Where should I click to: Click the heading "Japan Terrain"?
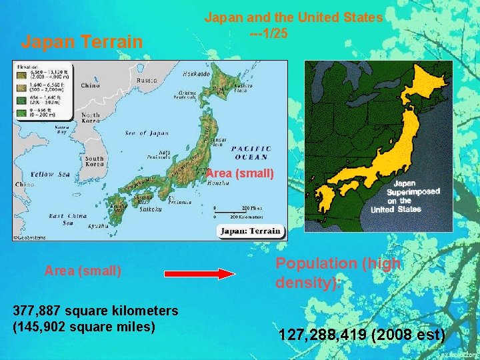point(82,42)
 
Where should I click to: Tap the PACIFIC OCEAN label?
point(251,152)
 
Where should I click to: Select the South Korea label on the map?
point(94,161)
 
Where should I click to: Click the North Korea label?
point(91,118)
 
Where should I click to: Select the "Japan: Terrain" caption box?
point(250,232)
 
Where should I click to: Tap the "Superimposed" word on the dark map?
point(414,191)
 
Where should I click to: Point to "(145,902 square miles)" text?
point(83,326)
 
